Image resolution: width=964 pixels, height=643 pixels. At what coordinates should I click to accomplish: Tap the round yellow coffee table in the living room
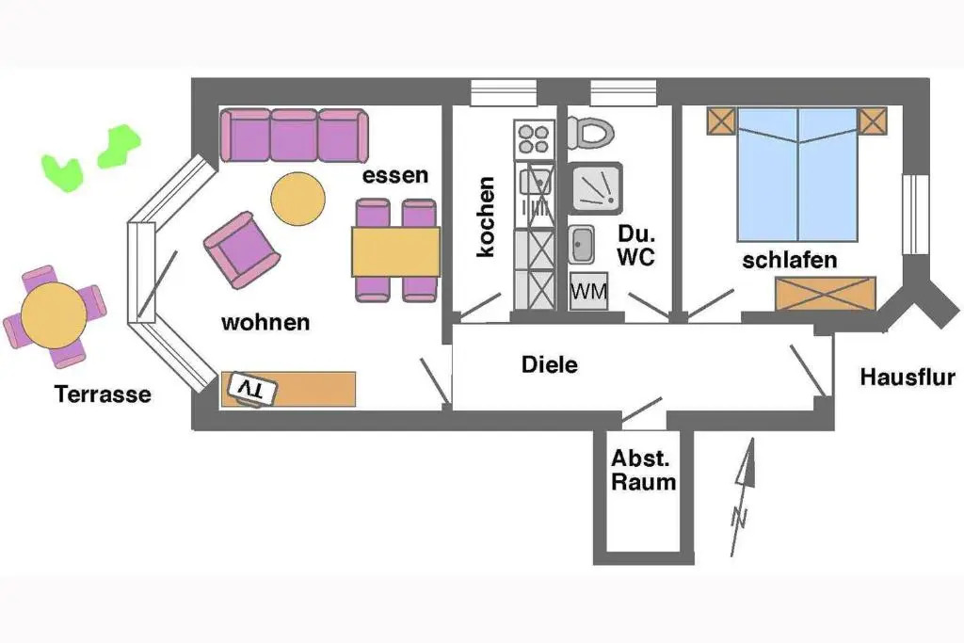point(298,199)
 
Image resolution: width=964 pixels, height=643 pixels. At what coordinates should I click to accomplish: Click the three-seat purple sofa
point(293,136)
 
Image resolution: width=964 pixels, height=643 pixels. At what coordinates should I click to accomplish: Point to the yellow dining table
point(396,251)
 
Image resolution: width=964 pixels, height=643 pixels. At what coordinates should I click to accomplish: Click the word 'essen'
point(395,175)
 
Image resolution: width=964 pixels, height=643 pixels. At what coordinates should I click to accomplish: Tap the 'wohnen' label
point(265,323)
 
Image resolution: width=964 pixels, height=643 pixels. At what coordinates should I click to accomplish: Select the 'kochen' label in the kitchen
point(487,217)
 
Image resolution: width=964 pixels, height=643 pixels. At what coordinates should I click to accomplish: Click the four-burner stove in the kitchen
point(534,139)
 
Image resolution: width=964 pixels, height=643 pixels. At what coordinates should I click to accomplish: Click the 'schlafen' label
point(790,260)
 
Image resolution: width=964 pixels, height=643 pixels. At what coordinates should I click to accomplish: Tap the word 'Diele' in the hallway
point(549,365)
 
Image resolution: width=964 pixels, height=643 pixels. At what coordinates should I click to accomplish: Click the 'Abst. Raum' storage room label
point(644,471)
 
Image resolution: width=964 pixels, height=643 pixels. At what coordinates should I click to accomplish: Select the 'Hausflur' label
point(908,378)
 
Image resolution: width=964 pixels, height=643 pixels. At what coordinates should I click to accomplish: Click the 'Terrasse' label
point(104,394)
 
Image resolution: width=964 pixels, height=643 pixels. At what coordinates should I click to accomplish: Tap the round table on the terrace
point(54,315)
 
